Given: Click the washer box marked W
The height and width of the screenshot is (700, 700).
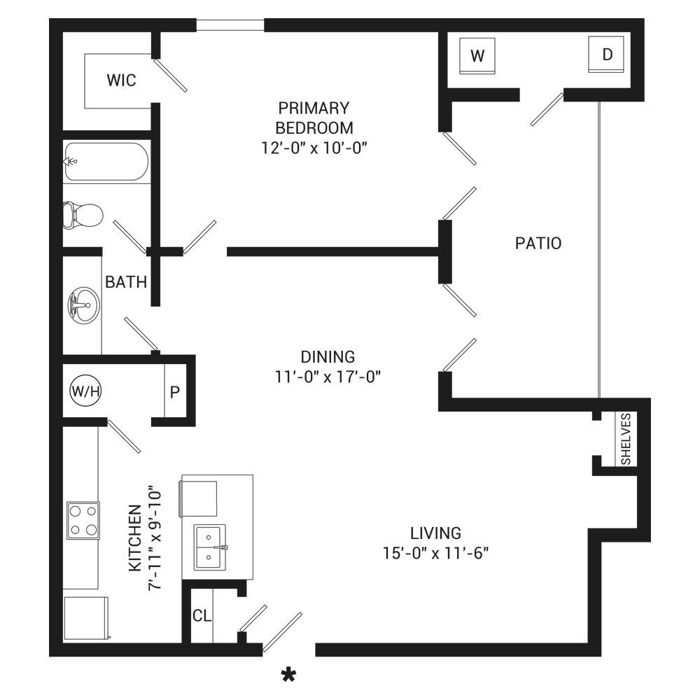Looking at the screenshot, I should click(x=477, y=55).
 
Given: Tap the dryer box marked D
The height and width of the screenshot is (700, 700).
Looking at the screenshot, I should click(x=607, y=55).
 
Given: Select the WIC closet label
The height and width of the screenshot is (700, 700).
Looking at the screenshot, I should click(x=121, y=80).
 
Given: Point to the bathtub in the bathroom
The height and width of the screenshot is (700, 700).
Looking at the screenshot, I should click(x=106, y=162).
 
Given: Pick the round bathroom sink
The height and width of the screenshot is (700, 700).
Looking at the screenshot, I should click(x=83, y=305).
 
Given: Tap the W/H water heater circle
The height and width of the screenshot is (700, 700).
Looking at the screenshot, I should click(x=85, y=391).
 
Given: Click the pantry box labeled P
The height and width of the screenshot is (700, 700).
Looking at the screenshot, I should click(x=175, y=391).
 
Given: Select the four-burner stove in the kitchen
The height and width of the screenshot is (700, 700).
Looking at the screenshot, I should click(x=83, y=520).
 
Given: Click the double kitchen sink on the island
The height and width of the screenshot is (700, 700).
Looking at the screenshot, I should click(x=210, y=547).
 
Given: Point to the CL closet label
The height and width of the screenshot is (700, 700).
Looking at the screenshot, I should click(x=202, y=616).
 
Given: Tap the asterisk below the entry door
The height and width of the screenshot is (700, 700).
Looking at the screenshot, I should click(x=288, y=675).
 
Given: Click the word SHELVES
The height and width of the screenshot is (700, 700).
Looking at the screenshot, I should click(x=626, y=439).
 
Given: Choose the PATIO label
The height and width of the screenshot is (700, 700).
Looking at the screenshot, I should click(x=538, y=244).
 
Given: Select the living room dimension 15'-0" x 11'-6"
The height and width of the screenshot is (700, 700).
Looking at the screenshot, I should click(x=435, y=553).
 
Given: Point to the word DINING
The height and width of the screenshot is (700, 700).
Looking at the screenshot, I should click(x=328, y=356).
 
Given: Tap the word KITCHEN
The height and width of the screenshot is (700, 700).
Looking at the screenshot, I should click(x=136, y=538).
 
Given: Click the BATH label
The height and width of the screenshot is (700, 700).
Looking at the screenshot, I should click(x=126, y=282).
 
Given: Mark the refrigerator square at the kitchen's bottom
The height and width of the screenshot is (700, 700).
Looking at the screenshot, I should click(x=85, y=617).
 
